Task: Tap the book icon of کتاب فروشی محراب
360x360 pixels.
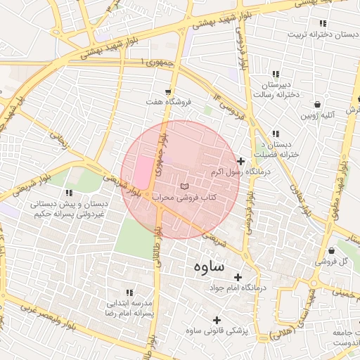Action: point(184,186)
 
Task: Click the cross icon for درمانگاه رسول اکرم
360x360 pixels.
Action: point(241,162)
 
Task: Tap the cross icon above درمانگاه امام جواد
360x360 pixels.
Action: point(238,277)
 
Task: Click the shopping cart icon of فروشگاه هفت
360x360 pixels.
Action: point(167,91)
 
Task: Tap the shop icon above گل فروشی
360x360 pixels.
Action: point(331,250)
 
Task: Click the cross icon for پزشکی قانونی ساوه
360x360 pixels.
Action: point(216,319)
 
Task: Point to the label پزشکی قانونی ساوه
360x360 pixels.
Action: point(214,330)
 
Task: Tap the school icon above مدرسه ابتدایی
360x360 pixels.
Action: point(129,292)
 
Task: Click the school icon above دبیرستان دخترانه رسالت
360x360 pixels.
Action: point(275,74)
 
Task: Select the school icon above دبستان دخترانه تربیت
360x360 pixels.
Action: point(323,22)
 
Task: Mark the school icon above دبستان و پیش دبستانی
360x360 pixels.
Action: point(68,193)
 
